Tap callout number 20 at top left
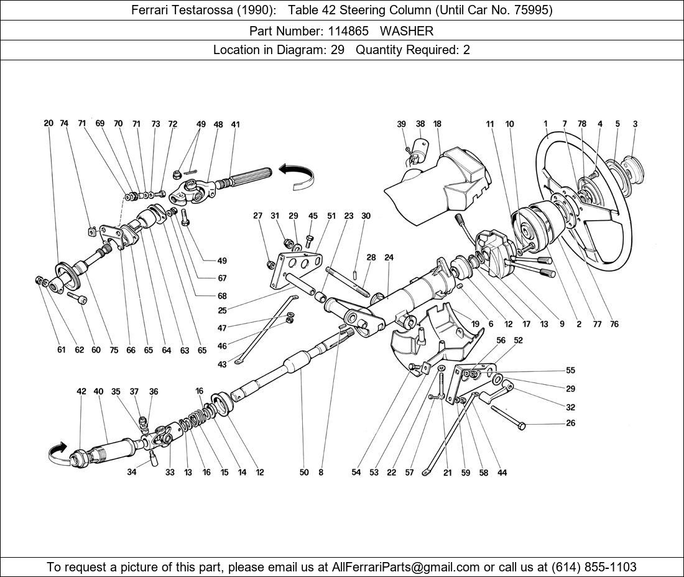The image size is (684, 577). [49, 123]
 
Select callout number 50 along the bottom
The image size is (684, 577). [303, 473]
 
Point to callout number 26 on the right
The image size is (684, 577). [571, 423]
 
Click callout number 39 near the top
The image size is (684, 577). [402, 124]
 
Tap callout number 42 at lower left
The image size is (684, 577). [81, 392]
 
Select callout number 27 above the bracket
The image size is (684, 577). [257, 216]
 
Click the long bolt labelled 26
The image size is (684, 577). [507, 417]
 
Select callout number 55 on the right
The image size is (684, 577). [571, 371]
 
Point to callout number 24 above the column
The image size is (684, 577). [389, 257]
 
